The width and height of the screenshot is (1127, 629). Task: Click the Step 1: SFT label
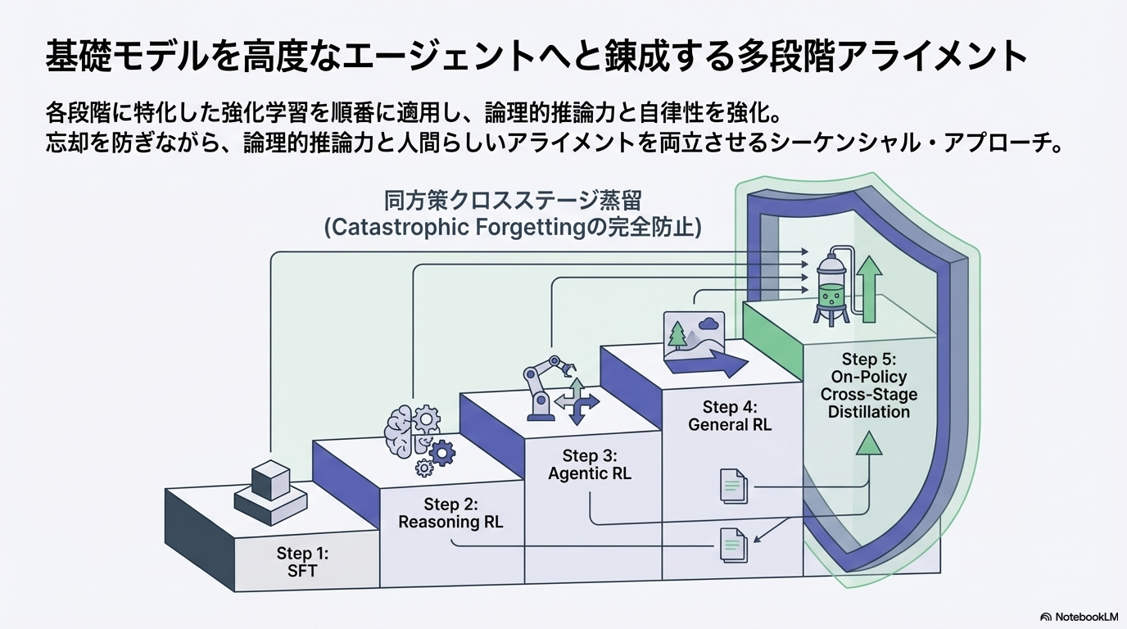302,563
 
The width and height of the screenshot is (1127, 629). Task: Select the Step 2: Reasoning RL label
450,513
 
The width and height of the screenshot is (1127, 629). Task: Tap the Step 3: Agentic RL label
590,464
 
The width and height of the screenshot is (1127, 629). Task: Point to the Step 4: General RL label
730,416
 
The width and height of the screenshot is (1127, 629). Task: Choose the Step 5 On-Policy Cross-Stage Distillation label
869,385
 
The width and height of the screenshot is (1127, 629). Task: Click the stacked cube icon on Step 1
270,490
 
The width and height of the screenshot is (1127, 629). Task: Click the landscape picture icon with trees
693,337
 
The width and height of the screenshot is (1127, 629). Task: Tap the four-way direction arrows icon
577,401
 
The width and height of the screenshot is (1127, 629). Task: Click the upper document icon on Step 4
733,485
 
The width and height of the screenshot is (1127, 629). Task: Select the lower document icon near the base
733,545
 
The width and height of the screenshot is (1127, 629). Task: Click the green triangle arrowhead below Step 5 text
869,443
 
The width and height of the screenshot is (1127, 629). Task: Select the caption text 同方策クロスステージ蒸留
513,201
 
